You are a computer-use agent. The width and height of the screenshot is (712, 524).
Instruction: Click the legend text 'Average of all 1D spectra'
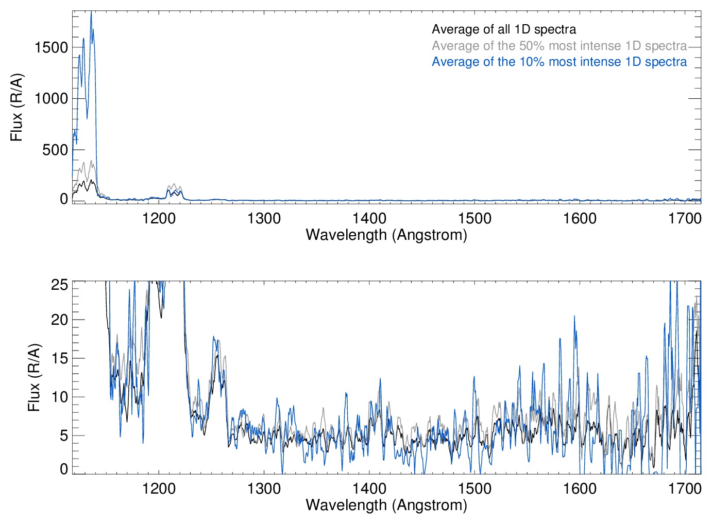(503, 29)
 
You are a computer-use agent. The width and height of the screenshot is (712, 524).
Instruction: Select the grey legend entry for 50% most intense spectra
(559, 46)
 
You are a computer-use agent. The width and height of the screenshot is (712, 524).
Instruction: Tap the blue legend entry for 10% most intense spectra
(559, 62)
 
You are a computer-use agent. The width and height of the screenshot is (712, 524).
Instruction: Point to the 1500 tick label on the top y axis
(51, 47)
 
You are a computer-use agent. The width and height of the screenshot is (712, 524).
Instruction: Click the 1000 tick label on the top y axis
(51, 98)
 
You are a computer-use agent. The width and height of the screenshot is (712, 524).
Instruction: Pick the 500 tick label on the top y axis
(56, 150)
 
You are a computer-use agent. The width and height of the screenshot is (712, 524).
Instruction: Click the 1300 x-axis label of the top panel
(264, 218)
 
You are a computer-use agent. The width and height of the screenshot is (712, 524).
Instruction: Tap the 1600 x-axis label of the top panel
(580, 218)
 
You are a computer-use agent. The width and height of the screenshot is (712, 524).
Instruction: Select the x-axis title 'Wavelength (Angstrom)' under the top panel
(386, 235)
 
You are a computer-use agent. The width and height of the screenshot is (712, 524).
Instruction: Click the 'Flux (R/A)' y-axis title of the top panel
(17, 108)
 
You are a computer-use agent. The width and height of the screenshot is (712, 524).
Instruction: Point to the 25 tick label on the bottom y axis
(60, 285)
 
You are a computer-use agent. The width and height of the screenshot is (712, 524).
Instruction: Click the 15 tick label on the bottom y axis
(60, 358)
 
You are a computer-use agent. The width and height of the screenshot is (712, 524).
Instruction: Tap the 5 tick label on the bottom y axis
(64, 435)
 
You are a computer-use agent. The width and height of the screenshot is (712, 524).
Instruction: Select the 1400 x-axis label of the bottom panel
(369, 488)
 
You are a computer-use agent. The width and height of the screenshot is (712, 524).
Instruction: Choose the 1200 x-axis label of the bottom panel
(159, 488)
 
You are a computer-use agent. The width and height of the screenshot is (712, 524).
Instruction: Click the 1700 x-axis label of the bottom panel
(685, 488)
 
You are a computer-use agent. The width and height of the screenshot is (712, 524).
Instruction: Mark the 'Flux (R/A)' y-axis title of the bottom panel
(34, 378)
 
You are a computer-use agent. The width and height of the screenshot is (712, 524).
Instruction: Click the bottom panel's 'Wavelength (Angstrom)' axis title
(386, 505)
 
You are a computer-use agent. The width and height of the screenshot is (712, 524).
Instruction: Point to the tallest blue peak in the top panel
(91, 12)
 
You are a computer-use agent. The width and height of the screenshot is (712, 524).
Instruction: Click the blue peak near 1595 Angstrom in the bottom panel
(574, 317)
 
